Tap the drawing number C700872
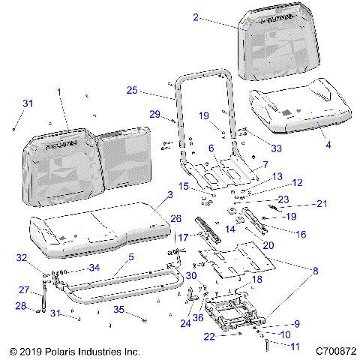point(335,350)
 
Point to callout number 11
point(295,346)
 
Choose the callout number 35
point(118,309)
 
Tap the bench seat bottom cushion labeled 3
point(97,225)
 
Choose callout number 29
point(155,113)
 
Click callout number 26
point(176,218)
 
